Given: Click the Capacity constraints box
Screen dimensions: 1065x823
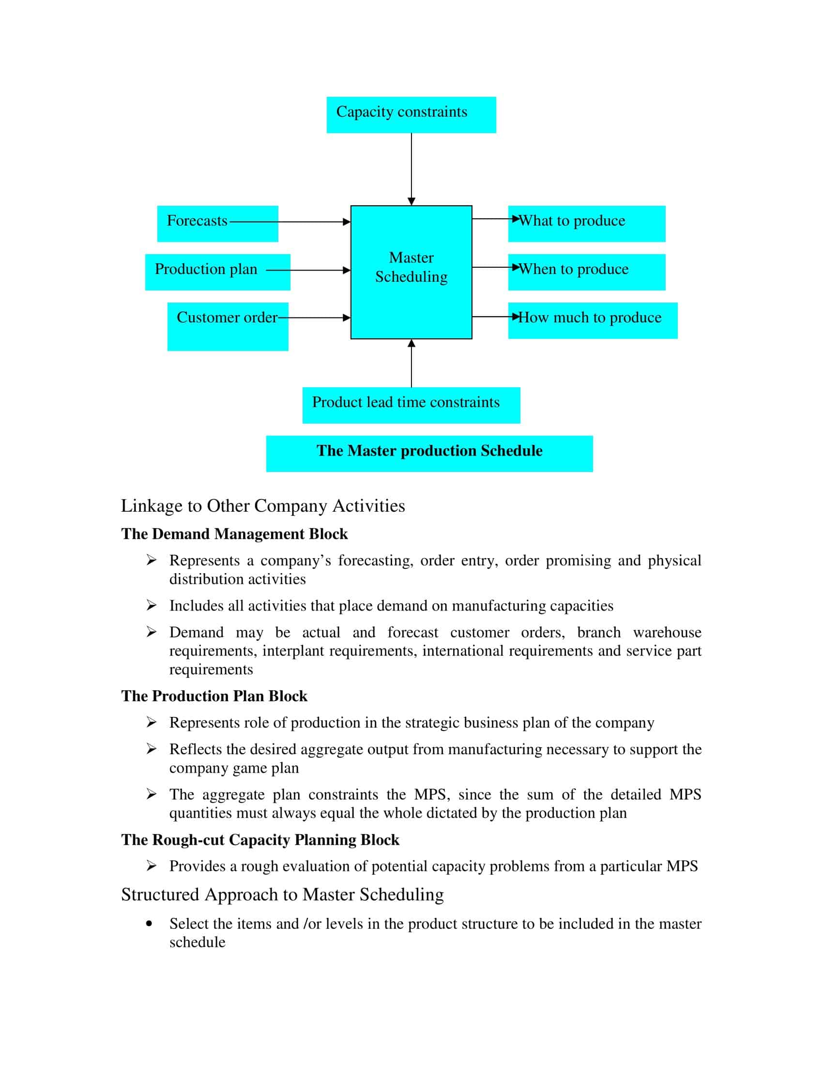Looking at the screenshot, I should [411, 114].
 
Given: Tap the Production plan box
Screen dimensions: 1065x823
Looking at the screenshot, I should [217, 272].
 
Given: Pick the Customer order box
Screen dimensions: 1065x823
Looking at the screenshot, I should [228, 326].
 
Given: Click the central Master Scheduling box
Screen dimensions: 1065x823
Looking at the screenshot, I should [411, 272].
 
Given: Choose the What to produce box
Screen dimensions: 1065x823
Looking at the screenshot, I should [587, 223].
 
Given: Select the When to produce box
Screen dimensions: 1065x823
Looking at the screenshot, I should [587, 272].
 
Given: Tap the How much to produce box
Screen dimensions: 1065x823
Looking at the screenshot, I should [593, 320].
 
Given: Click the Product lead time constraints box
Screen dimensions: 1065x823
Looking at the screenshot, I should [411, 405].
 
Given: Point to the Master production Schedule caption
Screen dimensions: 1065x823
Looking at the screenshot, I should [429, 453].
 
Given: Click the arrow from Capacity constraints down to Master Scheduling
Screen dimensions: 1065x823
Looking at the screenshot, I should [411, 168].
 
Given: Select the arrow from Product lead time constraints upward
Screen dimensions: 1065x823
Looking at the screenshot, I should [411, 363].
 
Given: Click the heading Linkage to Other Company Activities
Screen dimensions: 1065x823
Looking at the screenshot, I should [263, 506].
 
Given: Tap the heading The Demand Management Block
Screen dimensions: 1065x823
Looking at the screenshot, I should [234, 534].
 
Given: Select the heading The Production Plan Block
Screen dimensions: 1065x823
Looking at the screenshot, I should [214, 696].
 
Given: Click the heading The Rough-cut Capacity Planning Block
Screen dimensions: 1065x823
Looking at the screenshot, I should [260, 840].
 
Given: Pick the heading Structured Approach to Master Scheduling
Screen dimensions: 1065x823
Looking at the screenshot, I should [282, 894].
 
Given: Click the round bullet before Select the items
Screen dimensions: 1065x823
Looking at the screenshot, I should [149, 923].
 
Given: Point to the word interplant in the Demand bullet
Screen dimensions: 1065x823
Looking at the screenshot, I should [292, 651].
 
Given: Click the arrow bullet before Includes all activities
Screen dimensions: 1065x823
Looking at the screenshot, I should [152, 605].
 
